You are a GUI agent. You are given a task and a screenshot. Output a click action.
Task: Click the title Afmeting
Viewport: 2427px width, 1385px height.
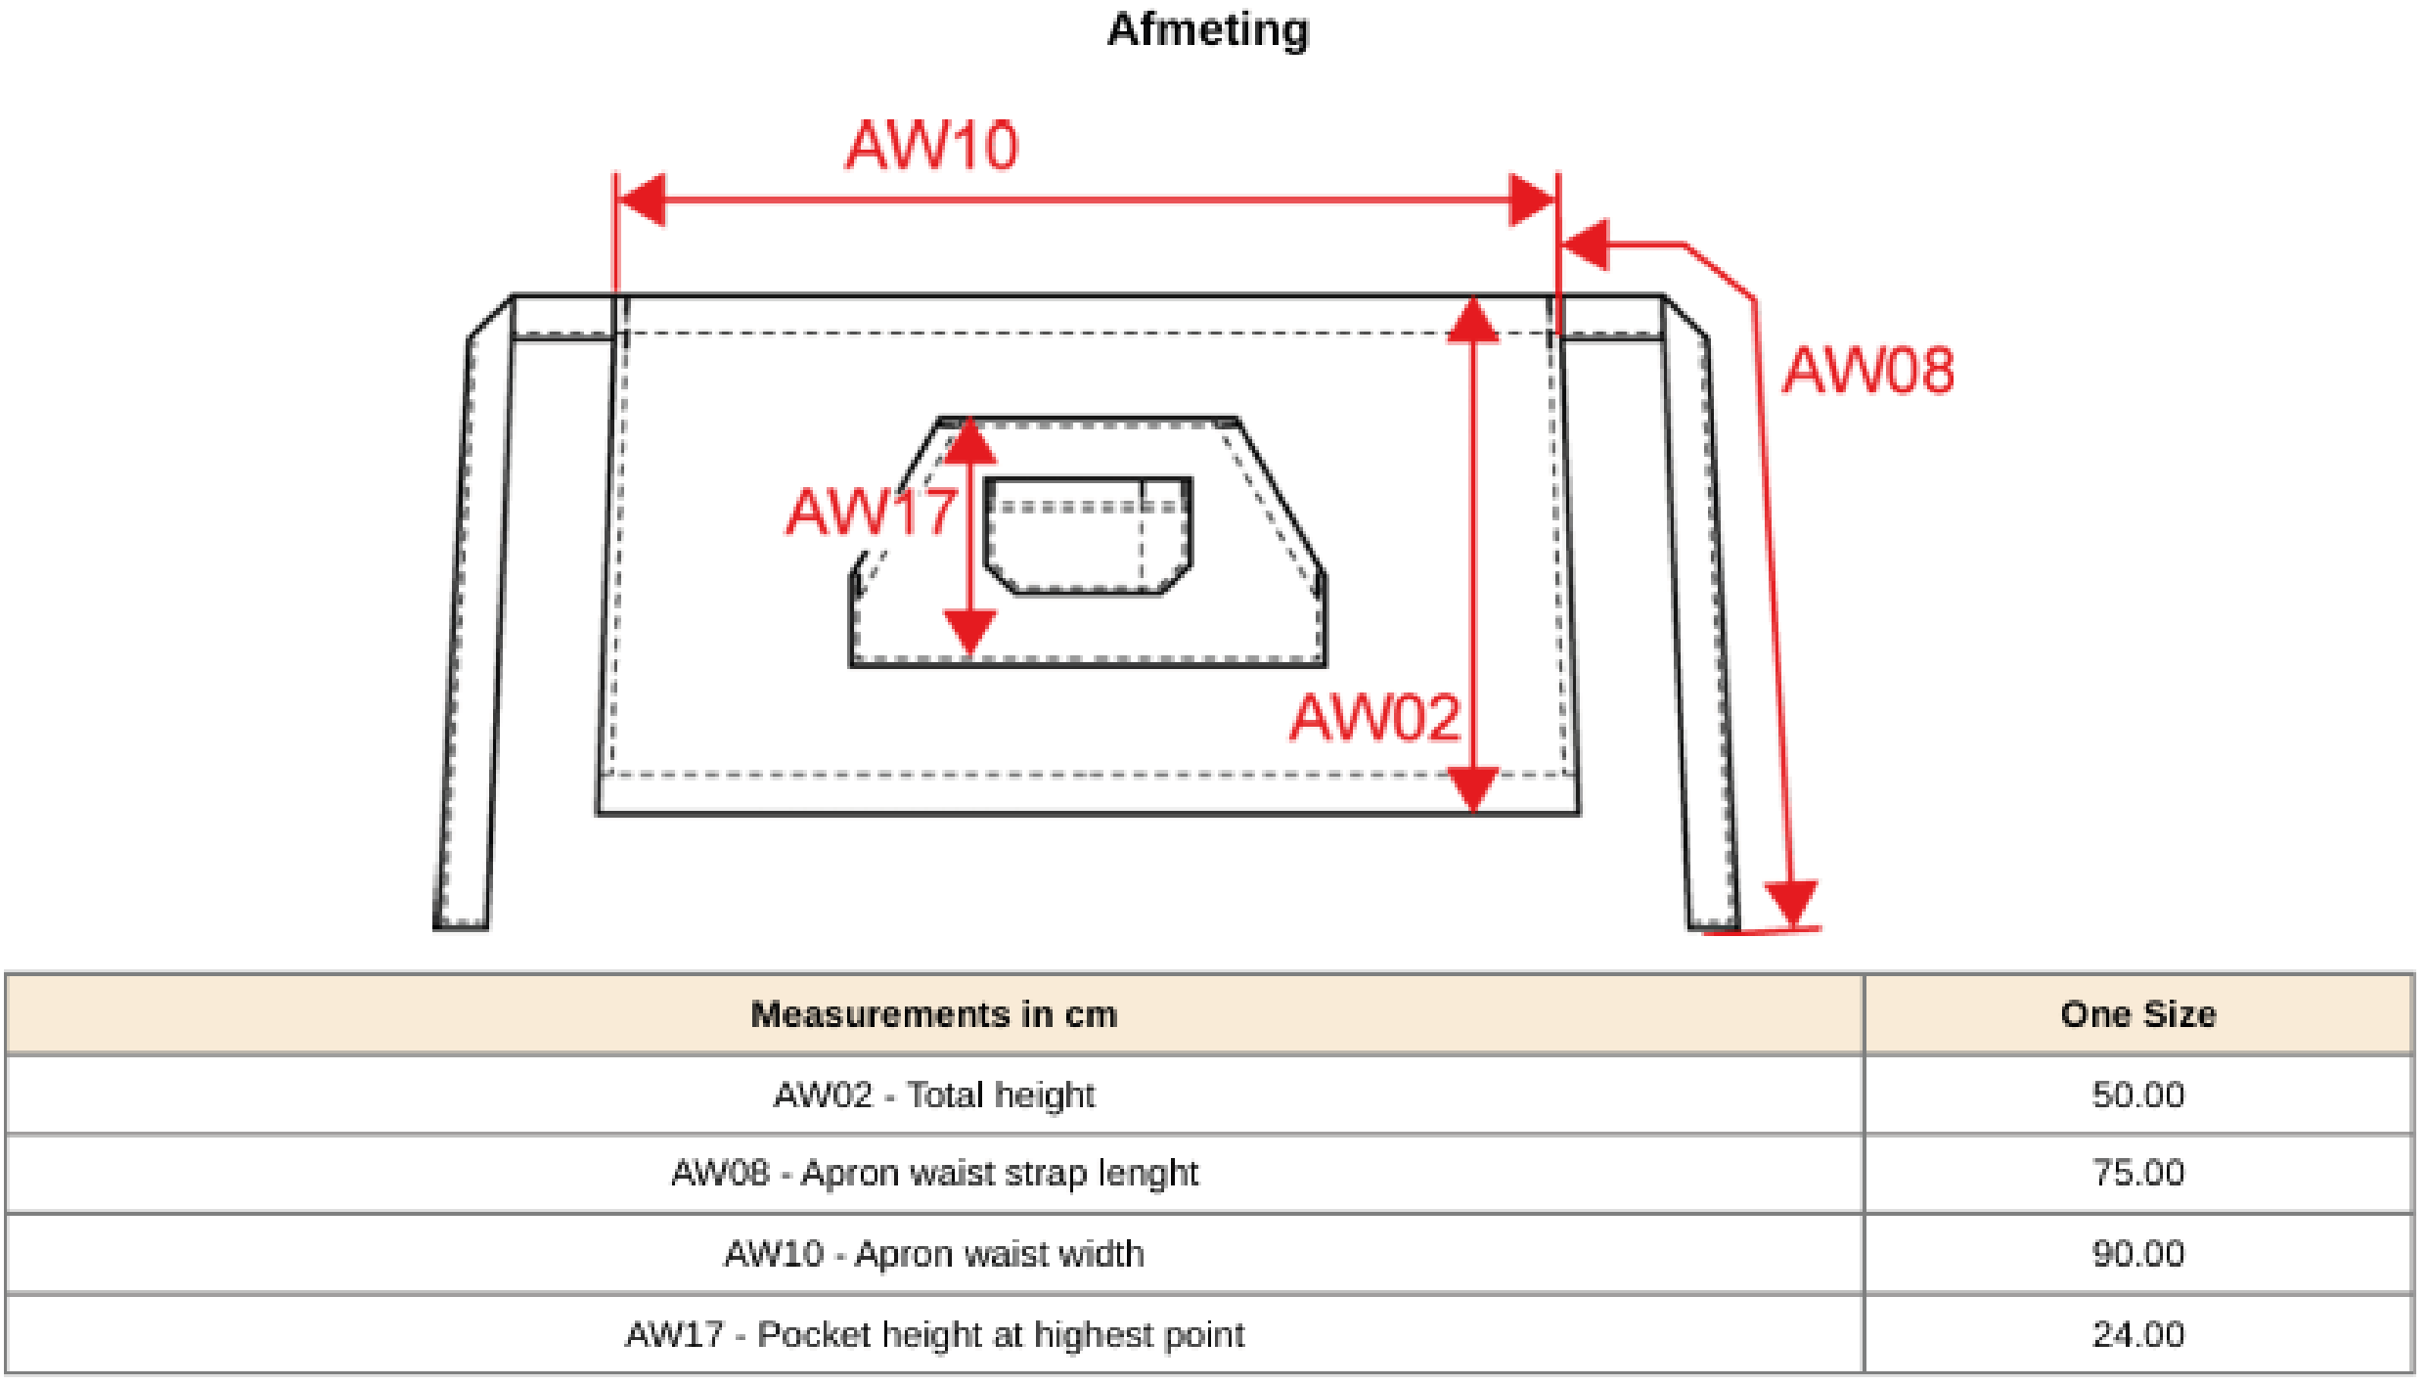1208,29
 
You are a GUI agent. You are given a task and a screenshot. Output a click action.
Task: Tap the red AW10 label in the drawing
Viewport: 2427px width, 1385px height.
932,147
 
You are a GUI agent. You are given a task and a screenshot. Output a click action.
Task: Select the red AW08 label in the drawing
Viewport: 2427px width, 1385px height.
1868,371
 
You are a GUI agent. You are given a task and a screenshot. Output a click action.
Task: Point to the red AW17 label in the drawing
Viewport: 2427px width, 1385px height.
871,512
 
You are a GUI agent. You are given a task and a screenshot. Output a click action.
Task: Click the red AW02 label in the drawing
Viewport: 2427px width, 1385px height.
1375,718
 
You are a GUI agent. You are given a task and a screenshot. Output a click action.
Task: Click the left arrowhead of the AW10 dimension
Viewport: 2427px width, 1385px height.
642,201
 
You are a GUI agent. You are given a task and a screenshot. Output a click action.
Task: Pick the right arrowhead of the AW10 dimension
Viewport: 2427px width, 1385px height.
1532,201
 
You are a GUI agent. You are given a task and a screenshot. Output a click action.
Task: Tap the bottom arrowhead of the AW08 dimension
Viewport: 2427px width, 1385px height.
1791,902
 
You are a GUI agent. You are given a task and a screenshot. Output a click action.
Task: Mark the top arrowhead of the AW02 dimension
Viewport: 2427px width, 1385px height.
1472,321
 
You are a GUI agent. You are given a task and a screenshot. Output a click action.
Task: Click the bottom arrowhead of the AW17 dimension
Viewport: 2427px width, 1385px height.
969,631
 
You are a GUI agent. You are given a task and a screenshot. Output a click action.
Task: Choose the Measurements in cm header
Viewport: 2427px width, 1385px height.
933,1014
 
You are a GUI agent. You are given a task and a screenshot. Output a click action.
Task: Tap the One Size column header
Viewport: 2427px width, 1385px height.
2137,1014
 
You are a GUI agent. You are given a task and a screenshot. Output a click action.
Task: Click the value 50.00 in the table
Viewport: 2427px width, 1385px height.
2137,1095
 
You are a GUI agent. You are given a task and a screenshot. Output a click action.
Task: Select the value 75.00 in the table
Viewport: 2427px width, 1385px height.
2137,1173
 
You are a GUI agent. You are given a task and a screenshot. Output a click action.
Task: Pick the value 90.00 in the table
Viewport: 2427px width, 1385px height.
2137,1254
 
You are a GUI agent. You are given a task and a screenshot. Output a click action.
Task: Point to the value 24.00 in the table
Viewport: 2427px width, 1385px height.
2137,1334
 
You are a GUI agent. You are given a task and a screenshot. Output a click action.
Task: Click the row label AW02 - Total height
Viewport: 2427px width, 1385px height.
933,1095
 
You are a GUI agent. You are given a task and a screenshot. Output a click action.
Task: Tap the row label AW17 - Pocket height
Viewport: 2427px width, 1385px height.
933,1334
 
